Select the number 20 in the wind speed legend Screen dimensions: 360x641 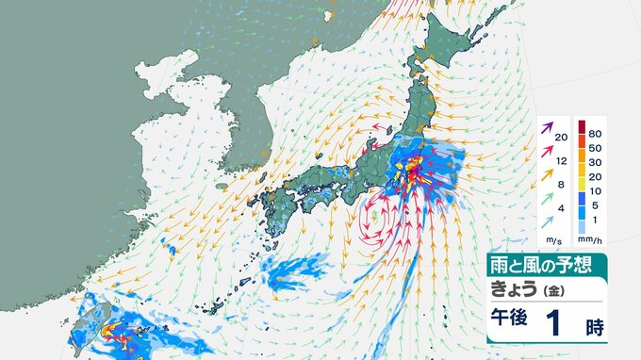[x=561, y=139]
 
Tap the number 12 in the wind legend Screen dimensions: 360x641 [x=561, y=160]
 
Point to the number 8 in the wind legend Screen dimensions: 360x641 [x=561, y=183]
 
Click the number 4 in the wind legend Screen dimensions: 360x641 [x=561, y=205]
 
